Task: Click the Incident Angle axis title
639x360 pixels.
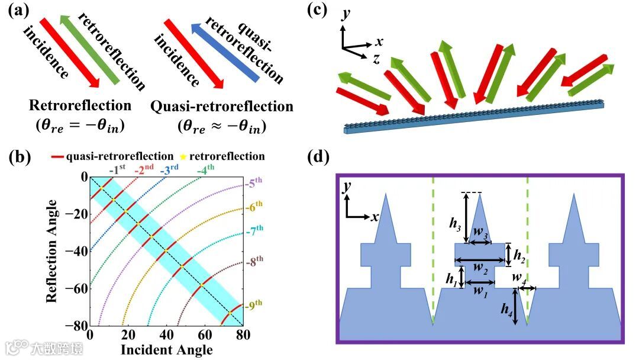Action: point(166,349)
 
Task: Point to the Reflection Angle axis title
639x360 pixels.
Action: point(52,252)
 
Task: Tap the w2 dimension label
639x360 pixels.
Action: point(481,270)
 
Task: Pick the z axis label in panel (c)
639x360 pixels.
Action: point(376,58)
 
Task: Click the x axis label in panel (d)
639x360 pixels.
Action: point(375,217)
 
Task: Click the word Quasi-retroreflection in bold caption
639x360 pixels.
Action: point(222,107)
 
